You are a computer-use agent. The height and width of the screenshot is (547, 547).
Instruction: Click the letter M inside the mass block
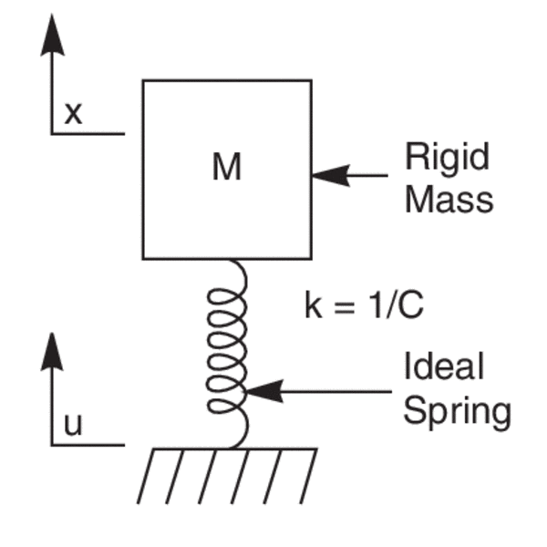pos(226,168)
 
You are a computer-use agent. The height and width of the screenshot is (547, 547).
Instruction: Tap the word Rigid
pos(447,158)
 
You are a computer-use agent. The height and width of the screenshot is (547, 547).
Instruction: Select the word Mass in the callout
pos(449,198)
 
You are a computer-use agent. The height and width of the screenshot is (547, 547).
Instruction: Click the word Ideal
pos(444,366)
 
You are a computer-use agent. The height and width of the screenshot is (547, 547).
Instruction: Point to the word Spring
pos(457,411)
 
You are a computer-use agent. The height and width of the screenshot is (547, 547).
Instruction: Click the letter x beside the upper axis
pos(73,113)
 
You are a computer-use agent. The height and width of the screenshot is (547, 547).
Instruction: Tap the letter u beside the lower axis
pos(73,426)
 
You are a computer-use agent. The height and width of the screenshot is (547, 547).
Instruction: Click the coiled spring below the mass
pos(227,351)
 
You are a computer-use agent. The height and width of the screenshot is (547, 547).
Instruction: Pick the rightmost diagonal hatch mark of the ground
pos(307,476)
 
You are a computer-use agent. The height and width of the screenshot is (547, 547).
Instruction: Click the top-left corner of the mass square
pos(143,80)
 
